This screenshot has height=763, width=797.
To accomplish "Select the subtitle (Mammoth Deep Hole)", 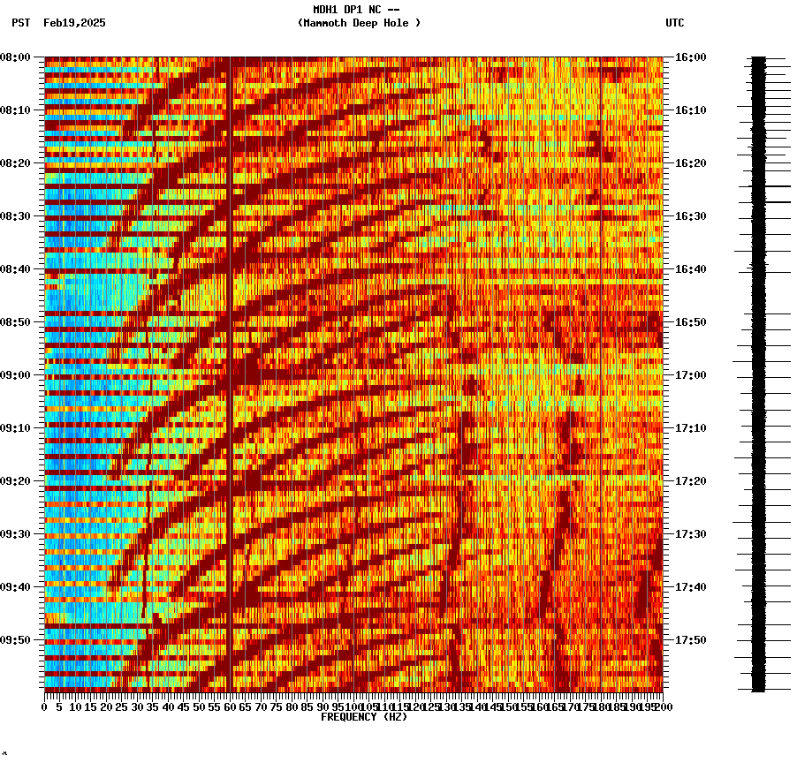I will (x=359, y=23).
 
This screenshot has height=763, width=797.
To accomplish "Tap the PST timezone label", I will (x=20, y=23).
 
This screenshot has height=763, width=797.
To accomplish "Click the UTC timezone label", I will (x=674, y=23).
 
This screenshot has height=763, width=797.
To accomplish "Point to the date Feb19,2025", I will (x=74, y=23).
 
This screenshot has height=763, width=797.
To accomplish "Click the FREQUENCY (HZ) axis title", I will (x=364, y=717).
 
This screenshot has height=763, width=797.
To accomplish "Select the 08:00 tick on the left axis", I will (x=15, y=57).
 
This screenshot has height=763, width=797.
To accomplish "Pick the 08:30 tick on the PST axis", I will (x=15, y=216).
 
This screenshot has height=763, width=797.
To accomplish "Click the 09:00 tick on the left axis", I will (x=15, y=375).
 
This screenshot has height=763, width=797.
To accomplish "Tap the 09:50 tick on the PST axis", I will (x=15, y=640).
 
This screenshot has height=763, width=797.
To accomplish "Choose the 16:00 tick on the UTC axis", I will (x=690, y=57).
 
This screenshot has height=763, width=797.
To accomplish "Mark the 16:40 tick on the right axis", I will (x=690, y=269).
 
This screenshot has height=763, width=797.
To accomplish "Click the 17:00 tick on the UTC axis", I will (x=690, y=375).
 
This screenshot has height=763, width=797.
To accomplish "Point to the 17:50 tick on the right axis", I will (x=690, y=640).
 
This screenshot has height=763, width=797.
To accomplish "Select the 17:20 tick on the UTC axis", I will (x=690, y=481).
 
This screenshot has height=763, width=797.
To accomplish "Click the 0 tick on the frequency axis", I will (x=45, y=706).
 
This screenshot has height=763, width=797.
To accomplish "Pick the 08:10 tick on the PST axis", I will (x=15, y=110).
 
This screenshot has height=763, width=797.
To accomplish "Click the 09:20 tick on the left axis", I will (x=15, y=481).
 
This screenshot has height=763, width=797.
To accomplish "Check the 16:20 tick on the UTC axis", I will (x=690, y=163).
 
